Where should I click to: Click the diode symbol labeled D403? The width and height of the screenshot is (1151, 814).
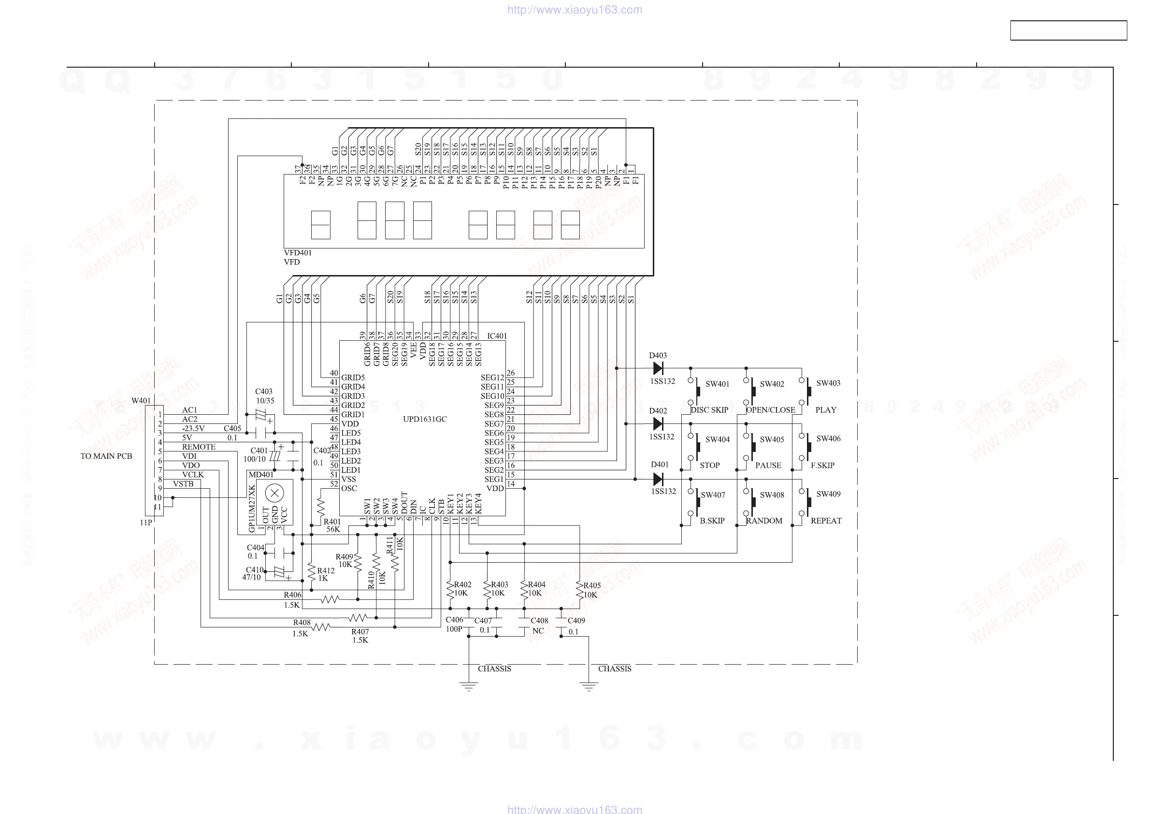point(658,369)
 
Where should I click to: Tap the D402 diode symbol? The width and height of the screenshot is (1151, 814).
point(658,424)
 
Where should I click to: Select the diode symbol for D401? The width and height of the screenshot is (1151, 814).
point(658,480)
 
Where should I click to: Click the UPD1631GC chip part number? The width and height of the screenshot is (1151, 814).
point(425,419)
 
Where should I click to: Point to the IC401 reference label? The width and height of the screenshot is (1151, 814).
point(497,336)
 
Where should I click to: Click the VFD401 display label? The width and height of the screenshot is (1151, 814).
point(298,253)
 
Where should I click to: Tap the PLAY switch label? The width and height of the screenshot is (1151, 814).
point(826,410)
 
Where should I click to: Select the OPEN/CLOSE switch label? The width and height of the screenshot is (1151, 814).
point(771,410)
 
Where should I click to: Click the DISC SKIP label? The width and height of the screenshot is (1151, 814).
point(709,410)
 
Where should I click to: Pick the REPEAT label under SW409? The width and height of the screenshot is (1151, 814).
point(826,521)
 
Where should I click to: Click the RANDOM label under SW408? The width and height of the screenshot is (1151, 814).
point(764,521)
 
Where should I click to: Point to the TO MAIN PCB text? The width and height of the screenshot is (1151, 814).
point(106,456)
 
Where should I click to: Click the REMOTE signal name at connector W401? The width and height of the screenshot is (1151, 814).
point(199,447)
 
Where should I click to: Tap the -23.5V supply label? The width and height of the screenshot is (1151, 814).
point(193,429)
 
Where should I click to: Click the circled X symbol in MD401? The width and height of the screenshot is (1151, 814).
point(274,494)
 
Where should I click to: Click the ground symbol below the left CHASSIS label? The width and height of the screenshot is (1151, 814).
point(469,686)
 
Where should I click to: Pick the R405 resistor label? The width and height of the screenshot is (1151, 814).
point(592,585)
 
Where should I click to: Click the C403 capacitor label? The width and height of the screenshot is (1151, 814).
point(264,392)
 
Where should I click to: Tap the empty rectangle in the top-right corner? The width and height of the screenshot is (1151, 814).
point(1068,30)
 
